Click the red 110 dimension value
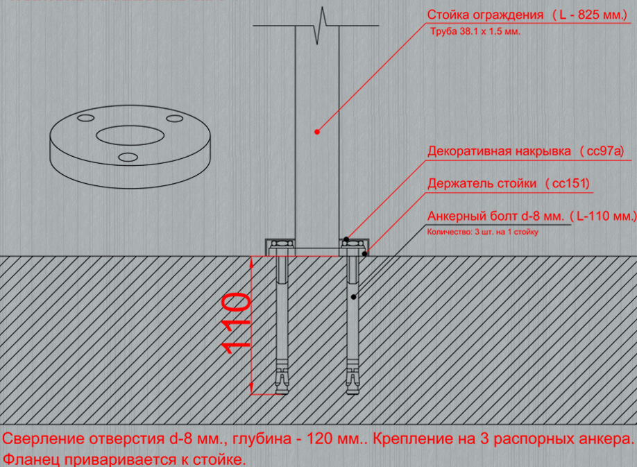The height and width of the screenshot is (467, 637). [236, 323]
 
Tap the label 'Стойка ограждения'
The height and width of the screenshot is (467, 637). [485, 15]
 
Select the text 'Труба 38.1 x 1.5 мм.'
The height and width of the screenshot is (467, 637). [475, 32]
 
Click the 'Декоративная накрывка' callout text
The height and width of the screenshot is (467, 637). [500, 151]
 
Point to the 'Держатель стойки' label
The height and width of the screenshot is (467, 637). [482, 184]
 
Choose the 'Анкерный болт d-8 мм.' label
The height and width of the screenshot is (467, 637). [495, 216]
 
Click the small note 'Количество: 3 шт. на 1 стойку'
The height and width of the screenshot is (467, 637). [483, 232]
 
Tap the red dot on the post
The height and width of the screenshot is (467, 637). [317, 132]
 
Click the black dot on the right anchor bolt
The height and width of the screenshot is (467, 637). [353, 297]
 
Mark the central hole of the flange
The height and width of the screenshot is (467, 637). [130, 135]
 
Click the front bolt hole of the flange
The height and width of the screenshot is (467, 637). [128, 157]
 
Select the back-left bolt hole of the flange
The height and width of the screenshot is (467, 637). [86, 118]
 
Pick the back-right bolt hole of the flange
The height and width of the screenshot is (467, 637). [175, 119]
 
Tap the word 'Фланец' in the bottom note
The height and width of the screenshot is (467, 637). [32, 459]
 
